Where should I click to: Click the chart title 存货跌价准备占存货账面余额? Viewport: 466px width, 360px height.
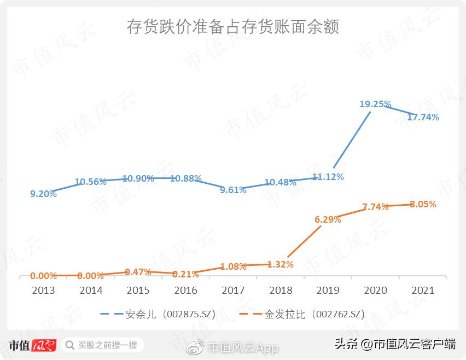tap(233, 26)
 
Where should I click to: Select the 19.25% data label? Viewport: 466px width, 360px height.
tap(375, 103)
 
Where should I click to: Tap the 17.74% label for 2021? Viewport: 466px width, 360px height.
tap(423, 117)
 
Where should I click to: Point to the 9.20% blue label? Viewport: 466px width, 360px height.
tap(43, 194)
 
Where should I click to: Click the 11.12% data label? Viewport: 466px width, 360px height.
tap(328, 177)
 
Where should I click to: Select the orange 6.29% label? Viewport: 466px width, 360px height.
tap(328, 219)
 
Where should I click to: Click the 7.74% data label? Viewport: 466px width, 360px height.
tap(375, 207)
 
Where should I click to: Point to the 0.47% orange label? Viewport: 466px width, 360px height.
tap(138, 272)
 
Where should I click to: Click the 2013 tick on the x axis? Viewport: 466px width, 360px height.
tap(43, 290)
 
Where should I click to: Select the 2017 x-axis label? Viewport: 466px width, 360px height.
tap(233, 290)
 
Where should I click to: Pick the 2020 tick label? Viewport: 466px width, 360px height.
tap(375, 290)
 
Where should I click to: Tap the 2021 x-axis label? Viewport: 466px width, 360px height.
tap(423, 290)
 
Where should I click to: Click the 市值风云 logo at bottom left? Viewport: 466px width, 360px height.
tap(33, 345)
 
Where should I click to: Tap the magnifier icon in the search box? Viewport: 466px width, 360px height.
tap(69, 345)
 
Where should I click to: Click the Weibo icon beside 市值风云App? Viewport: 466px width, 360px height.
tap(196, 347)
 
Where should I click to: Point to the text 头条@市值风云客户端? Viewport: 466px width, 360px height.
tap(395, 344)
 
